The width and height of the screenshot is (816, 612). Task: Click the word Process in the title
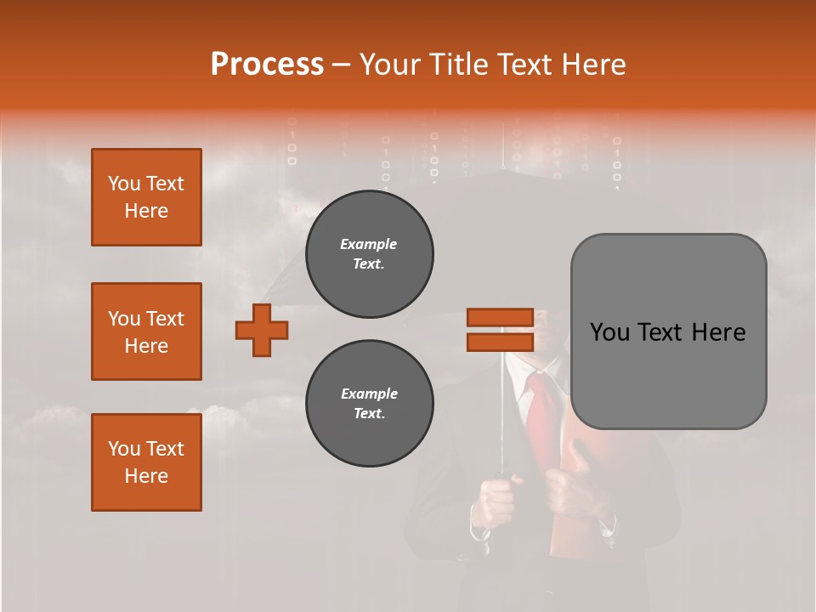pos(267,64)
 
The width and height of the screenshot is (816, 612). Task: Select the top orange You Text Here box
pos(146,197)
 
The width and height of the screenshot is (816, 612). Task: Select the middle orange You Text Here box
pos(146,331)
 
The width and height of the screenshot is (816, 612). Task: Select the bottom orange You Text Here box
pos(146,462)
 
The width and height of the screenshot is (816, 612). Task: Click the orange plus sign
pos(262,330)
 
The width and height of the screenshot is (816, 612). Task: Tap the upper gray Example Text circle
pos(370,254)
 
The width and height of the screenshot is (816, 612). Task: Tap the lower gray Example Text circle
pos(370,404)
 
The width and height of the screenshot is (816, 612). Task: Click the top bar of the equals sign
pos(500,318)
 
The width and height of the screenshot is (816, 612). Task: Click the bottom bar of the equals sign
pos(500,342)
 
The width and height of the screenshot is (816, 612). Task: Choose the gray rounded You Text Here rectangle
pos(668,331)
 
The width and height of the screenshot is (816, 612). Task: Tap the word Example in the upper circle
pos(369,244)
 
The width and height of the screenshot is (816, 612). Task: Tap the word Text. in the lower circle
pos(369,414)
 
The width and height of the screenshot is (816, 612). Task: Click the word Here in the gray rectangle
pos(718,331)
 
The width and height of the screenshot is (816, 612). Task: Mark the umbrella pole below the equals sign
pos(502,408)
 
